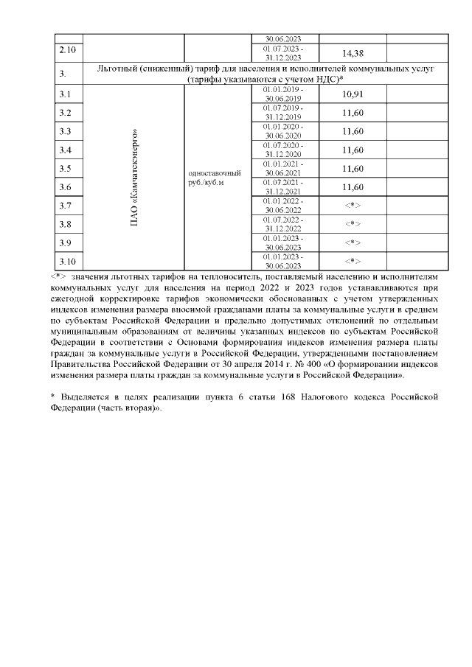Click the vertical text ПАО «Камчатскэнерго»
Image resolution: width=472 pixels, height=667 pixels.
click(135, 177)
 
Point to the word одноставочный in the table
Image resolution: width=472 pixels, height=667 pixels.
click(215, 173)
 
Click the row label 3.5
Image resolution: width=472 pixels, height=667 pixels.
click(65, 169)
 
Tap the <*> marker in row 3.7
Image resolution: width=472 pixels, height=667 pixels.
click(353, 206)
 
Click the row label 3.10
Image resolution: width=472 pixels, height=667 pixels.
click(67, 261)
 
